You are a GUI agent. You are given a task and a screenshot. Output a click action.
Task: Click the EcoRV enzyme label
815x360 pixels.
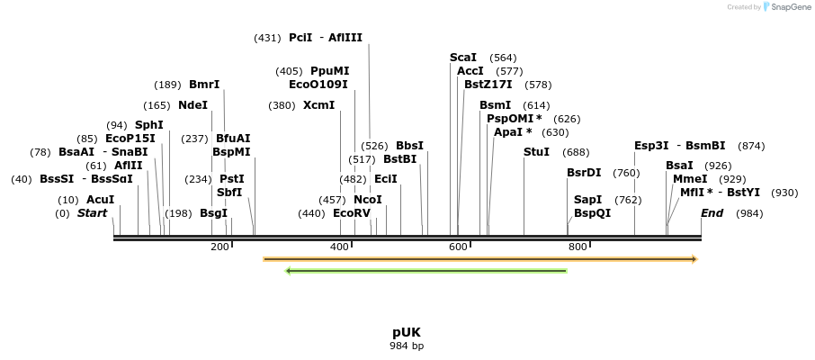(352, 213)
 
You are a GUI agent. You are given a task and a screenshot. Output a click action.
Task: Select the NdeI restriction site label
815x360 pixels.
(193, 105)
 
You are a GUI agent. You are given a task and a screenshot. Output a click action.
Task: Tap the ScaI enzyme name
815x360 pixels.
(463, 58)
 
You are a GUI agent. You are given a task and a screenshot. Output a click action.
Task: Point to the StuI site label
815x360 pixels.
(536, 152)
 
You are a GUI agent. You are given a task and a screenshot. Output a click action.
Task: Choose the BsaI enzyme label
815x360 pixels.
(679, 166)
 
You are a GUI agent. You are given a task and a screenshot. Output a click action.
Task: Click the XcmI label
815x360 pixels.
(318, 105)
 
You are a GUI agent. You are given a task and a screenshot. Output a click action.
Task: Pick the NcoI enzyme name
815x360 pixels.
(368, 199)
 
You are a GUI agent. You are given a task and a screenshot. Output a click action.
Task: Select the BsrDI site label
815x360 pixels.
(584, 173)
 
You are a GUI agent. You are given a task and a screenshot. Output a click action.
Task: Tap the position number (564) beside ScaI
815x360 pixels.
(504, 58)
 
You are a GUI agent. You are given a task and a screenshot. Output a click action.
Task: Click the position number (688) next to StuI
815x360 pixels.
(576, 152)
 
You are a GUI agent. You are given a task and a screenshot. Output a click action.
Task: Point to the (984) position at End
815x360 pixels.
(749, 213)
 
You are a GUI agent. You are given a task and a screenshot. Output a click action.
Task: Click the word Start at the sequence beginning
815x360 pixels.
(92, 213)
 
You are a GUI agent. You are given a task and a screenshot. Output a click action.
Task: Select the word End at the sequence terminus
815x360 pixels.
(712, 213)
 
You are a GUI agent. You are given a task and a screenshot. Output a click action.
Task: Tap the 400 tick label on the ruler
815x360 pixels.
(339, 247)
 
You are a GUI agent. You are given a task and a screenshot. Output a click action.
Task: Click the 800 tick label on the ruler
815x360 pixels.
(578, 247)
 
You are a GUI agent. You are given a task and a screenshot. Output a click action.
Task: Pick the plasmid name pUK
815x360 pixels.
(407, 332)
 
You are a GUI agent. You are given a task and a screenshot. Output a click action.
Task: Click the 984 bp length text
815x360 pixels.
(407, 346)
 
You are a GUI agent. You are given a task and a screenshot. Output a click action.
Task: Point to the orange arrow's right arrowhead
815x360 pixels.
(694, 259)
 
